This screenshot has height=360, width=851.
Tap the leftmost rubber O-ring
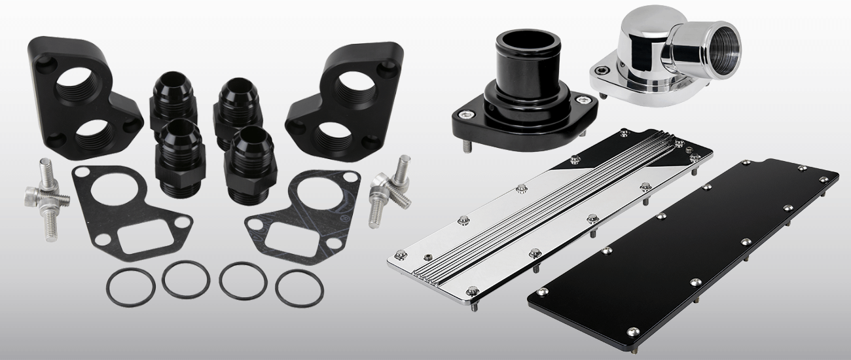coord(130,286)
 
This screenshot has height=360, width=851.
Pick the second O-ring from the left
coord(186,280)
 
